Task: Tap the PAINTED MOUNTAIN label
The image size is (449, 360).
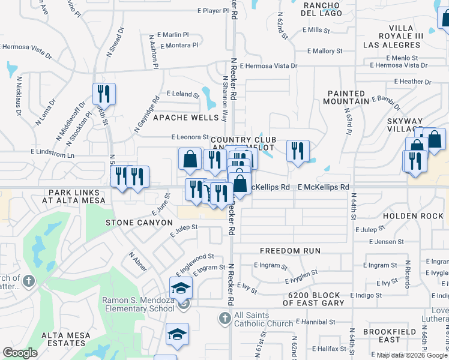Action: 354,98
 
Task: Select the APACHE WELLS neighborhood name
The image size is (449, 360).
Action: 186,118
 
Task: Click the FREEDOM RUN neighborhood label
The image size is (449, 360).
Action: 290,250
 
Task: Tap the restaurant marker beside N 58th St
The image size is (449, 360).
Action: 104,94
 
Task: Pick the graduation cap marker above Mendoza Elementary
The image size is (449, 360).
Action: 181,287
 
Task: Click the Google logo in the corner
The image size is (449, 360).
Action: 20,353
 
